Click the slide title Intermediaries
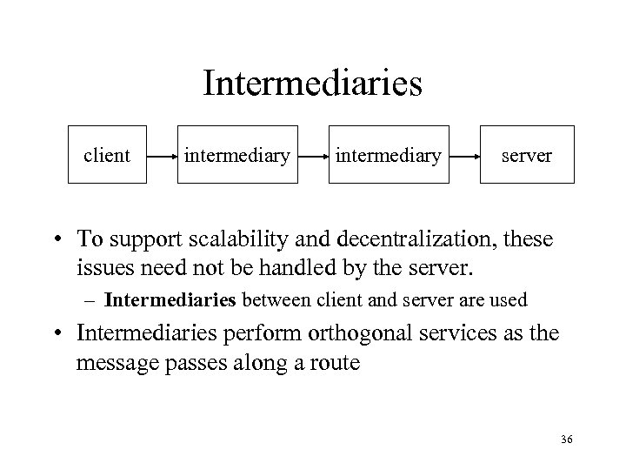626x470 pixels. (x=312, y=84)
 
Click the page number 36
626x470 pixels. (x=566, y=441)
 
